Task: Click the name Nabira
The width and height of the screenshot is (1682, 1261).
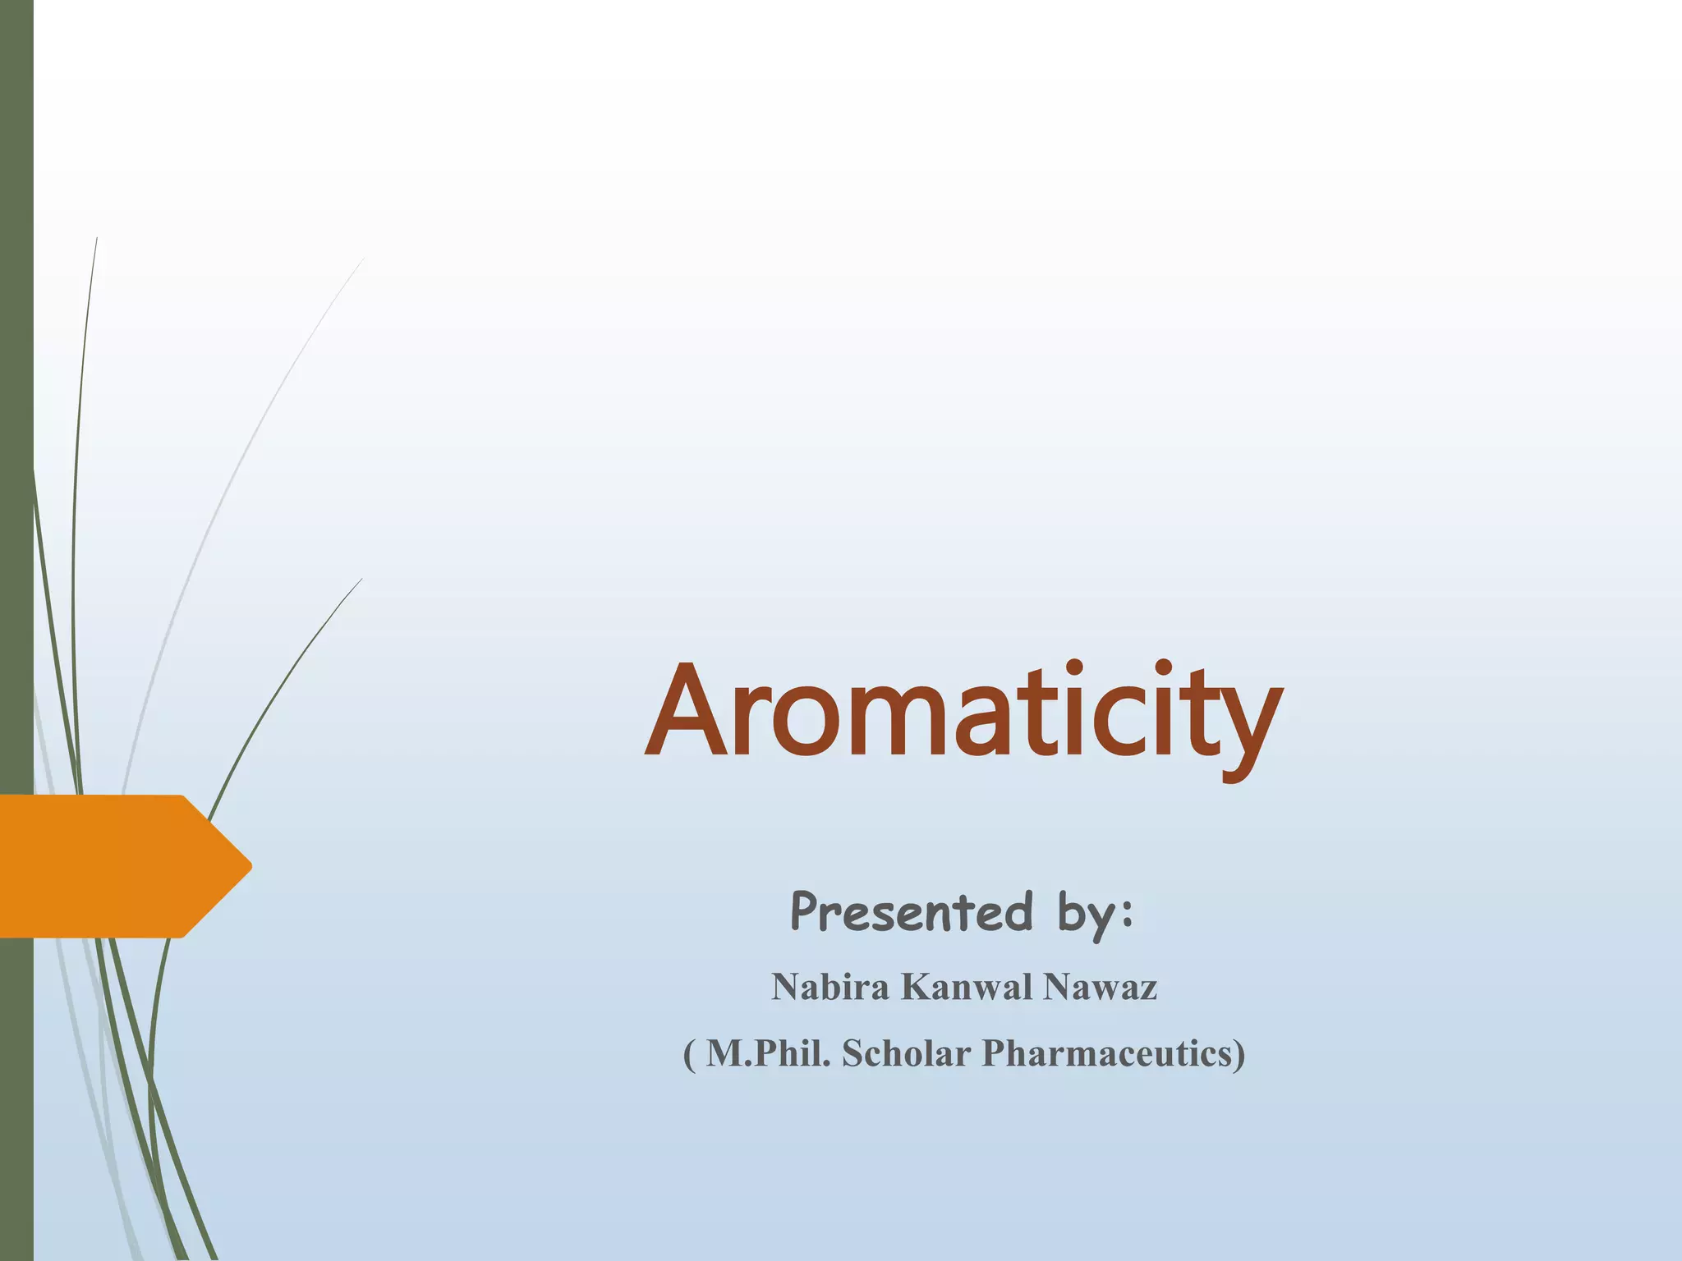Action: tap(830, 987)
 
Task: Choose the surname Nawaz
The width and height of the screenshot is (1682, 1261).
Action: tap(1100, 987)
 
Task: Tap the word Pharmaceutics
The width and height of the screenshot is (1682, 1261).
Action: tap(1107, 1053)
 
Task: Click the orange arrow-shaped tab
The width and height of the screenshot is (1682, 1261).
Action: tap(115, 866)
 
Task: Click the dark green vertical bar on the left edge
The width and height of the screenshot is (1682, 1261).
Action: tap(16, 328)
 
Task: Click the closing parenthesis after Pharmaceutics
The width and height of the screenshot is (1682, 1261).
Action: tap(1239, 1054)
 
